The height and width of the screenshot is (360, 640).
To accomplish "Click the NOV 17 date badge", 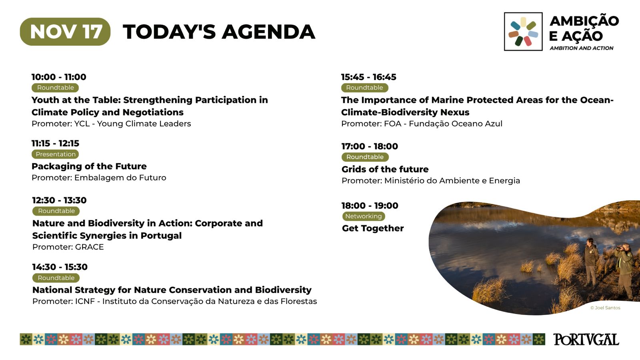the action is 65,32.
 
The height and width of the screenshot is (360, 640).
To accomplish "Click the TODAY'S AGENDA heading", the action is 219,32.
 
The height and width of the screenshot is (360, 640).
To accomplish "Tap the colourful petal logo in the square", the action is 523,32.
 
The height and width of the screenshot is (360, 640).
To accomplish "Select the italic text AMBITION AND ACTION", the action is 582,48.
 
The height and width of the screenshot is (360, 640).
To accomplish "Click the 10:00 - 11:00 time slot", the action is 59,77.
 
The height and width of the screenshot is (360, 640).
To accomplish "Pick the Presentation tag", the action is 56,154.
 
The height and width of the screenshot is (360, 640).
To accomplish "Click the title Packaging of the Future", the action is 89,166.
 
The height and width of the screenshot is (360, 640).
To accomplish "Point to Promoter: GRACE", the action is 68,247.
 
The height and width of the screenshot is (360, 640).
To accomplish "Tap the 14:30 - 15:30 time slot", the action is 60,267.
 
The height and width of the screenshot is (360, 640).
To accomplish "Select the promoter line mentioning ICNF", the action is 174,301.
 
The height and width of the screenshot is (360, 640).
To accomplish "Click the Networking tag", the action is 364,216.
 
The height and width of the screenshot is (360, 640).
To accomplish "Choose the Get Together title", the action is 373,228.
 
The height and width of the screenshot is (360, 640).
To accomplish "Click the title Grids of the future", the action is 385,169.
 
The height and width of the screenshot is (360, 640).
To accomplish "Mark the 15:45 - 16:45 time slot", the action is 369,77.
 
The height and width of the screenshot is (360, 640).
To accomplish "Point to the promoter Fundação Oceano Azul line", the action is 422,124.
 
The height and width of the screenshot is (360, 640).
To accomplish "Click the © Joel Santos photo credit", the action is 605,308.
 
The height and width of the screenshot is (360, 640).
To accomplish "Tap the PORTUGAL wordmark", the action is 586,340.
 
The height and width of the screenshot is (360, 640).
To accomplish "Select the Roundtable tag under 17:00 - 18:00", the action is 365,157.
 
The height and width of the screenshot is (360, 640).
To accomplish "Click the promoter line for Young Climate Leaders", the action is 111,124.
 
